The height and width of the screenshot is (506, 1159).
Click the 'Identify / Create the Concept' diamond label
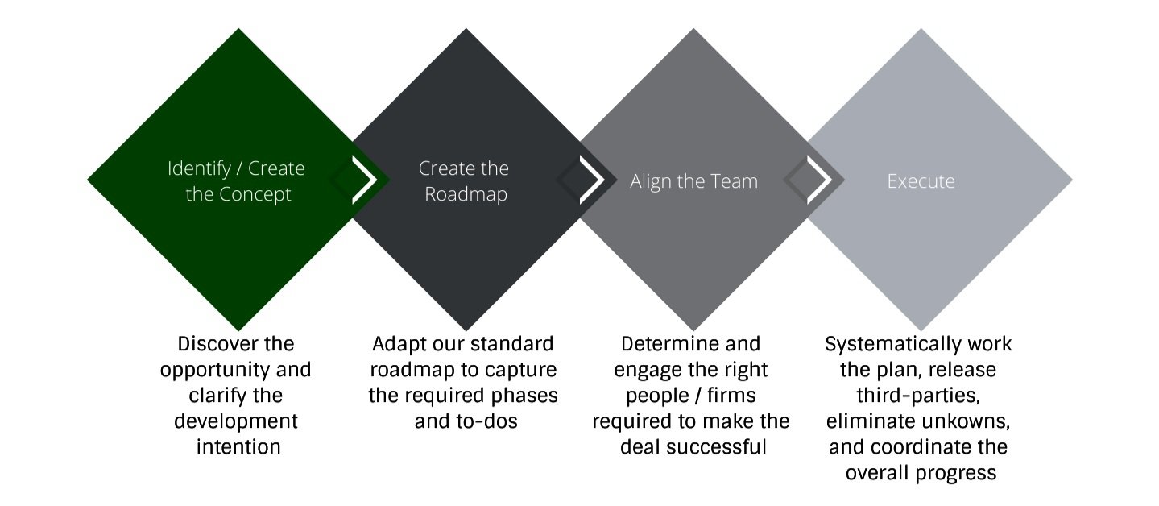[x=237, y=181]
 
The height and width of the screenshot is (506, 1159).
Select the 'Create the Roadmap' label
[x=464, y=181]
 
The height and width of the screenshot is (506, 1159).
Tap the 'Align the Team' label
[x=693, y=181]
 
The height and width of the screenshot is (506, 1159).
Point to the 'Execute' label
[x=921, y=181]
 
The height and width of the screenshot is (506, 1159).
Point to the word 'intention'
[x=238, y=446]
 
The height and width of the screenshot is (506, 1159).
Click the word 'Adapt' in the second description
[x=398, y=344]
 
